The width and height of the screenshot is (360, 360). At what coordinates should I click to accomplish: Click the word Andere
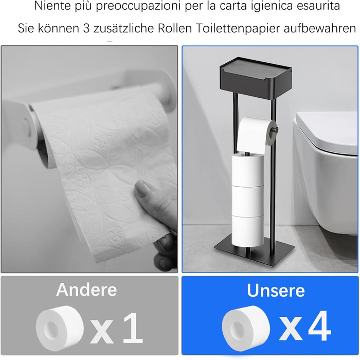point(86,290)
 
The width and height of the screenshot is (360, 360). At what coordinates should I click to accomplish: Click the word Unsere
point(276,291)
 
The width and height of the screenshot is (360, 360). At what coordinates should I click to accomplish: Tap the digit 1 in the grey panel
point(133,328)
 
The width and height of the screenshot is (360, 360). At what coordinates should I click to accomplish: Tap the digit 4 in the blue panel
point(319,326)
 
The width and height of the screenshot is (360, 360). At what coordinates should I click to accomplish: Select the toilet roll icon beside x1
point(60,328)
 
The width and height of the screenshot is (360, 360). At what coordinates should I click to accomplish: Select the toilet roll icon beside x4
point(246,328)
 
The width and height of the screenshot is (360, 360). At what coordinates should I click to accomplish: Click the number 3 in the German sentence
point(86,28)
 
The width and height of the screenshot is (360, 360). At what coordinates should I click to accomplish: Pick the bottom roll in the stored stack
point(248,231)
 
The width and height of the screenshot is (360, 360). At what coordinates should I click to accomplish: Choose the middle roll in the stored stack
point(248,200)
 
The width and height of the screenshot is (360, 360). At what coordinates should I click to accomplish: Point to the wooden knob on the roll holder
point(274,130)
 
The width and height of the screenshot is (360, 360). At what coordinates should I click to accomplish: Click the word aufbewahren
point(320,28)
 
